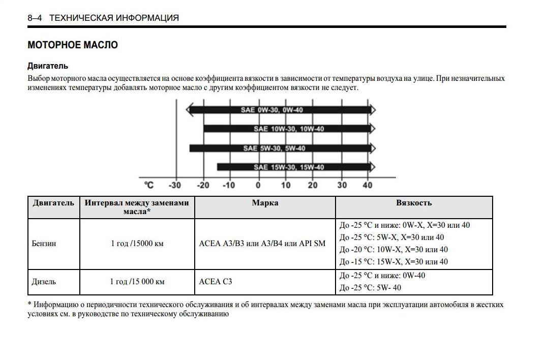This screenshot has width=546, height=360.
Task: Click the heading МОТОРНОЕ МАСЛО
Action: [73, 45]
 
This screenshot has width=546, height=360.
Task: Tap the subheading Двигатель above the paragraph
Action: [48, 66]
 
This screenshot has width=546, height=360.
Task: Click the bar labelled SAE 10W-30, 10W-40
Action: [288, 129]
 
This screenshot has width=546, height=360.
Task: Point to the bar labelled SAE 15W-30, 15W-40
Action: [295, 167]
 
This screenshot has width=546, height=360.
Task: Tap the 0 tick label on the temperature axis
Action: [258, 186]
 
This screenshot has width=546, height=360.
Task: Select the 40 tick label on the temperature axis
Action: [367, 186]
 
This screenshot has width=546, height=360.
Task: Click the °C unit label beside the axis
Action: [149, 186]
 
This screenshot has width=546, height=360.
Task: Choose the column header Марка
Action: [265, 203]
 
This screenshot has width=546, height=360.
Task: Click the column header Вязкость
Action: [414, 203]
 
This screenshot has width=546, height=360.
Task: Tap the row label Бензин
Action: [44, 244]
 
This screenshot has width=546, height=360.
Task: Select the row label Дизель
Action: [44, 282]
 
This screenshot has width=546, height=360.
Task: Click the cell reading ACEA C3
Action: [216, 282]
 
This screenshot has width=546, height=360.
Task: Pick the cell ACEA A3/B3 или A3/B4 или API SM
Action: [262, 244]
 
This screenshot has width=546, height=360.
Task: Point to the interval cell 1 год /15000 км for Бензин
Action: [137, 244]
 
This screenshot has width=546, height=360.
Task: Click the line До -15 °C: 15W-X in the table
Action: [393, 262]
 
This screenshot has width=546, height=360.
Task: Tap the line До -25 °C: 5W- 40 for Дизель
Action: [370, 288]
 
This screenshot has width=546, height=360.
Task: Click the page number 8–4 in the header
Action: [35, 18]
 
